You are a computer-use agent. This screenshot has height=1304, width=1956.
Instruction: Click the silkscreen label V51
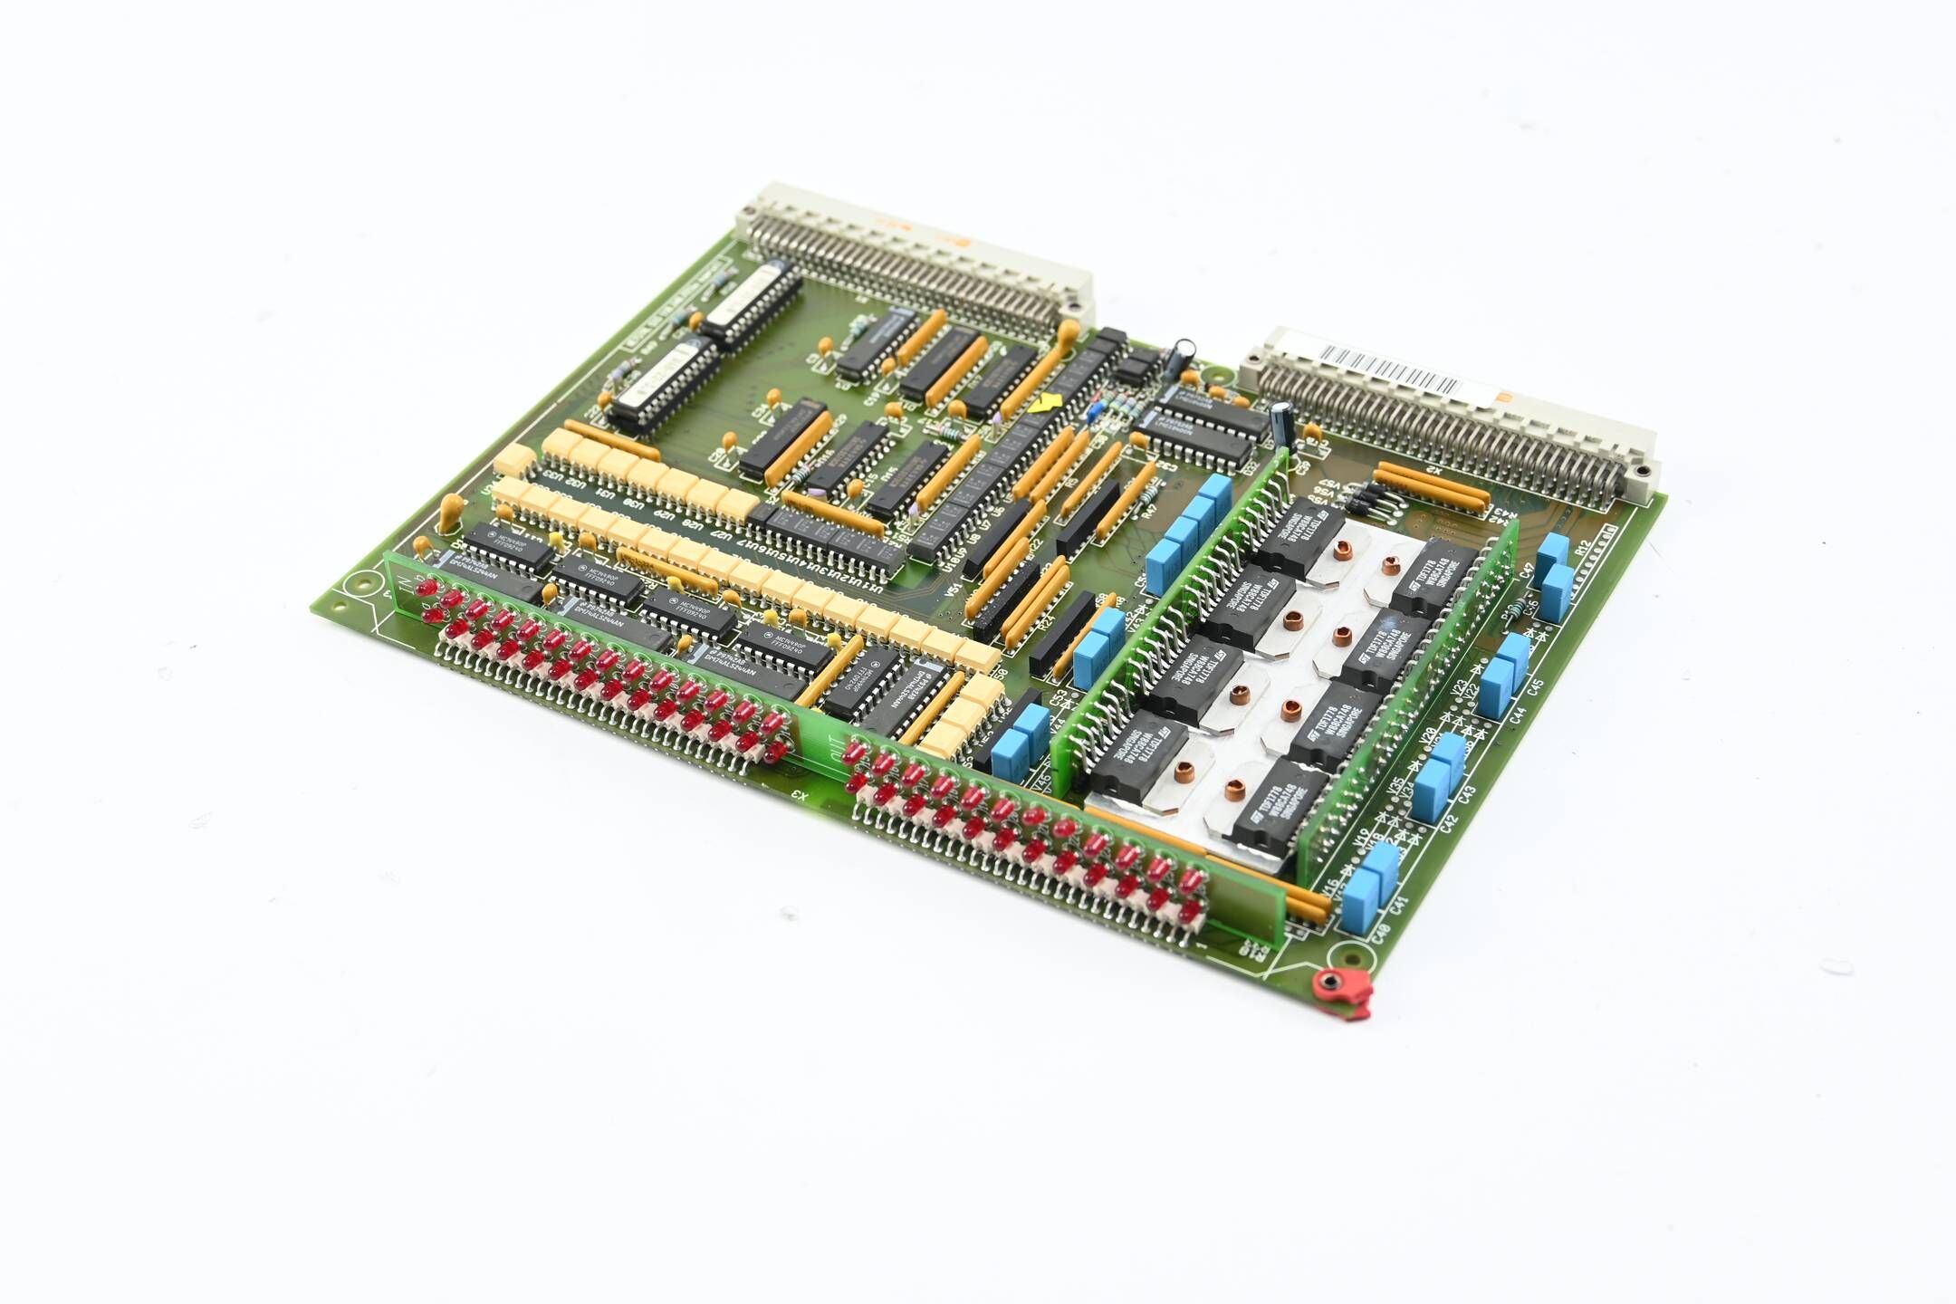tap(952, 588)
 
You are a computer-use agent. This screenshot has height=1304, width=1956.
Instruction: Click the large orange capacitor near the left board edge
tap(449, 513)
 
